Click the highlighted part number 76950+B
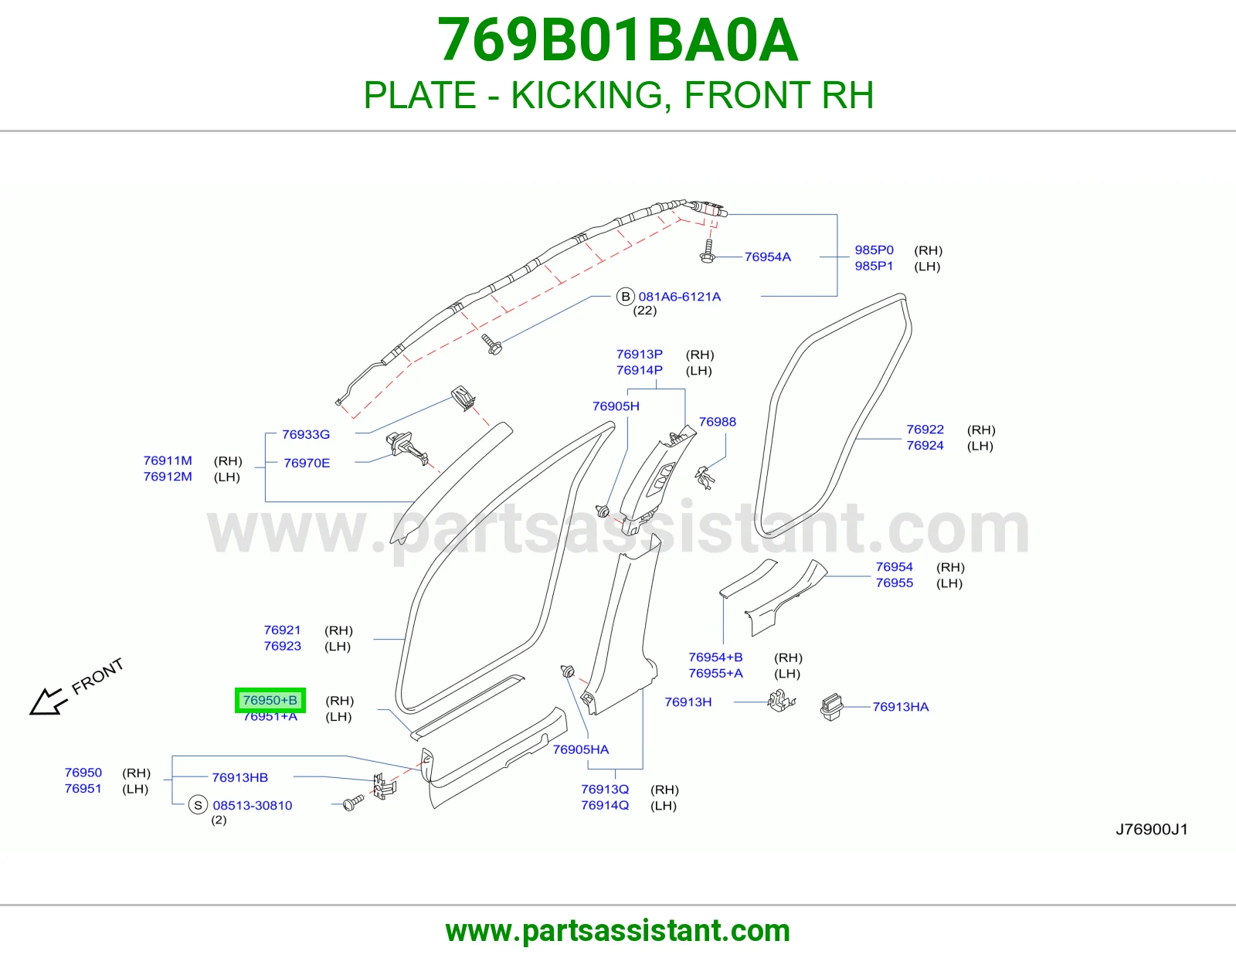coord(270,700)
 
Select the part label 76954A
coord(767,257)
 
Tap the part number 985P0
coord(874,250)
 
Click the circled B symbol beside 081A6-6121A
coord(625,297)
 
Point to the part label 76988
coord(717,422)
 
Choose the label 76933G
coord(306,435)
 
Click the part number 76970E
coord(307,463)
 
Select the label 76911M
coord(168,460)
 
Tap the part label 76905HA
coord(581,749)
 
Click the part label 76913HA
coord(901,707)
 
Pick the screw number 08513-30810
coord(253,806)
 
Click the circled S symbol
coord(198,806)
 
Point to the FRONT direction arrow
coord(49,701)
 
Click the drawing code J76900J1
coord(1152,830)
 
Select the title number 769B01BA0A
coord(618,40)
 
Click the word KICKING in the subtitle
coord(588,95)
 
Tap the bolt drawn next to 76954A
coord(708,251)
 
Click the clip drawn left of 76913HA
coord(782,702)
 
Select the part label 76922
coord(925,430)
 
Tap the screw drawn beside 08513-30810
coord(353,803)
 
